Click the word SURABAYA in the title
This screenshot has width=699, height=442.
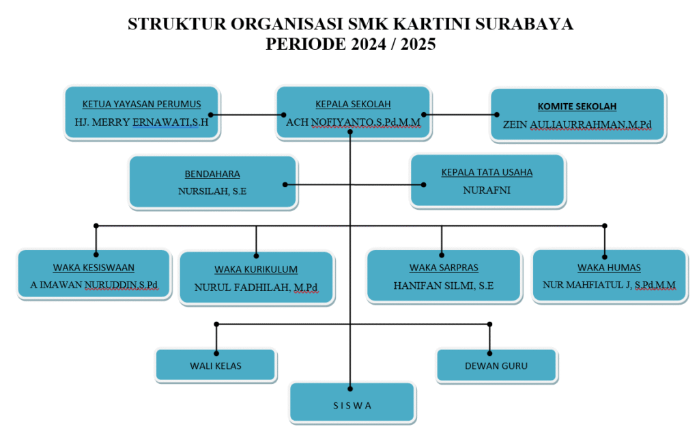524,24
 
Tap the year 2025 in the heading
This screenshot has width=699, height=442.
418,44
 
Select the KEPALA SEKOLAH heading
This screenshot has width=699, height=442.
353,105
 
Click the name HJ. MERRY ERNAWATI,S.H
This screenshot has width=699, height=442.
142,122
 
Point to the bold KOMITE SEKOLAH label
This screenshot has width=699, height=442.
577,107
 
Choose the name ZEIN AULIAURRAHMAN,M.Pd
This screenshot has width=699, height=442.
577,125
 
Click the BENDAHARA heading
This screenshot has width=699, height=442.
212,174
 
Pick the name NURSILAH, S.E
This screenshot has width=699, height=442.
212,191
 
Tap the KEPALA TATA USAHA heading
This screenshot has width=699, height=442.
487,172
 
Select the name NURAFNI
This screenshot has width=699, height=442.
487,191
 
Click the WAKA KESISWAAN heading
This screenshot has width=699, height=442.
94,268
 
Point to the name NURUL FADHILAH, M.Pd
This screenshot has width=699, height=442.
256,288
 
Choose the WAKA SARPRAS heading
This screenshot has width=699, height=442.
444,268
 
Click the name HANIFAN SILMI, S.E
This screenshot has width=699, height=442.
444,286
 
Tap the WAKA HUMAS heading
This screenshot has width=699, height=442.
609,268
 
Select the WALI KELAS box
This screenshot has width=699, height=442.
216,365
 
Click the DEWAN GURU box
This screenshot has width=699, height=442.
497,365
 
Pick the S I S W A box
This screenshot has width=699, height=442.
352,402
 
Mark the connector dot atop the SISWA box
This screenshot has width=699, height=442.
350,389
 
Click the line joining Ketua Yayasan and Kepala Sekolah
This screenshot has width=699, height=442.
247,115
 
